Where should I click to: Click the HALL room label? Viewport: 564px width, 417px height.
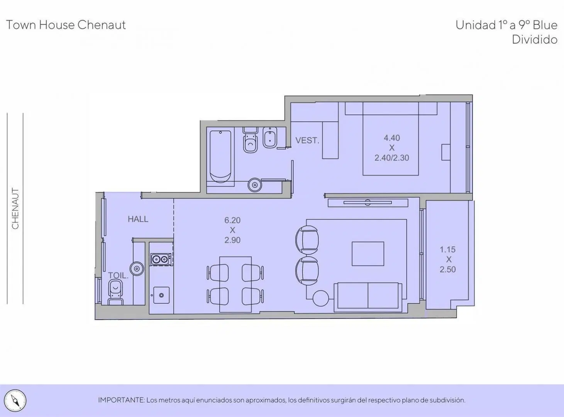[x=138, y=219]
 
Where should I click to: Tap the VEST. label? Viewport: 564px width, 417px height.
[x=307, y=140]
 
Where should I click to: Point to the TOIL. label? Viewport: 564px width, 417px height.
[x=118, y=275]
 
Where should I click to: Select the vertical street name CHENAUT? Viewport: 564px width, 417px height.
[x=15, y=208]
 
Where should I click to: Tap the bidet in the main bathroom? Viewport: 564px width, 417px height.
[x=270, y=137]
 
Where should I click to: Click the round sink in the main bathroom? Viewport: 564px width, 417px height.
[x=254, y=185]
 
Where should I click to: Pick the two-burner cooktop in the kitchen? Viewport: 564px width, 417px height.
[x=160, y=259]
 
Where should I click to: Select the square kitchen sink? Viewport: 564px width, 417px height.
[x=161, y=295]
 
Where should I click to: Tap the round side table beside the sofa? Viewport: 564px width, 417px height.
[x=321, y=298]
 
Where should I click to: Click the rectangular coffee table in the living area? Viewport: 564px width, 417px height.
[x=368, y=254]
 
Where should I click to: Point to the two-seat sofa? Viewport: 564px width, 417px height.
[x=368, y=297]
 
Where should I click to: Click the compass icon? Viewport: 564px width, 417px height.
[x=15, y=400]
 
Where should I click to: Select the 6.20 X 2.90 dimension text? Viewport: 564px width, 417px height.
[x=232, y=230]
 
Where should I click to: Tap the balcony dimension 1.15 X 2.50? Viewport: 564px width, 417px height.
[x=448, y=259]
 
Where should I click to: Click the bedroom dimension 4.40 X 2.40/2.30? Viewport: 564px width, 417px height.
[x=391, y=148]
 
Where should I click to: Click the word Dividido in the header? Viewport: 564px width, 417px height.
[x=535, y=40]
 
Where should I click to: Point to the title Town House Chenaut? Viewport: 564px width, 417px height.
[x=66, y=25]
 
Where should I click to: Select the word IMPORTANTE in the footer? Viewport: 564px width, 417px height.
[x=121, y=400]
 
